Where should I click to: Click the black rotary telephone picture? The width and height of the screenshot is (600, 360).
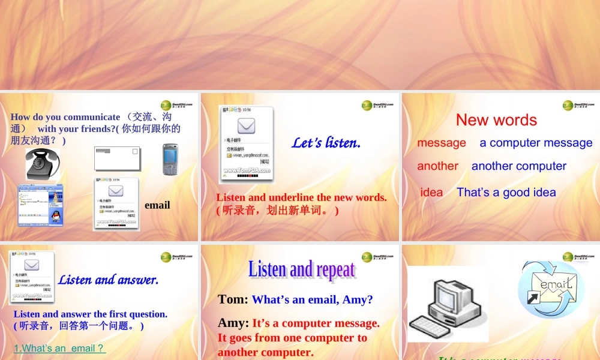tap(43, 164)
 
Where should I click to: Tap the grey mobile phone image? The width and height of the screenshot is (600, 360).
tap(170, 160)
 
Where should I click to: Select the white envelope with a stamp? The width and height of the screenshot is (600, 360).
tap(116, 158)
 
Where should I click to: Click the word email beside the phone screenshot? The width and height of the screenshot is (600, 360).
tap(157, 205)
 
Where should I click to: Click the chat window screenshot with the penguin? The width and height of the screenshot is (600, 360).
tap(40, 205)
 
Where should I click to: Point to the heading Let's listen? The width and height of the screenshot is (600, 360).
tap(326, 143)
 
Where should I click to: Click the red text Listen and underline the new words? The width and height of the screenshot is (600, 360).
tap(301, 197)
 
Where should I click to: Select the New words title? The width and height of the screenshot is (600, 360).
tap(496, 120)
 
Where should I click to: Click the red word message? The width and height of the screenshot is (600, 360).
tap(442, 143)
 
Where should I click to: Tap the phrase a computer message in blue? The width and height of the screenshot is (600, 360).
tap(536, 143)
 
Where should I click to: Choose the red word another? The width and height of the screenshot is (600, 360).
tap(437, 166)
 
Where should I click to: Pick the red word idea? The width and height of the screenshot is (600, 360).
tap(431, 193)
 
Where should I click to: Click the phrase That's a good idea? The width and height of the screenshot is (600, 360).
tap(506, 193)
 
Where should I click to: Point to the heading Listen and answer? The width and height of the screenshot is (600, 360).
tap(109, 280)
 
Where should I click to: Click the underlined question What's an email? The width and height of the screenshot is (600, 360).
tap(59, 348)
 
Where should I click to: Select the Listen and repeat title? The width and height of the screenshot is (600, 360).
tap(302, 269)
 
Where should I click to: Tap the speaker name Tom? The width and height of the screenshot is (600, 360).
tap(233, 299)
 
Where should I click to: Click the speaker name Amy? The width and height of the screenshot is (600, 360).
tap(233, 323)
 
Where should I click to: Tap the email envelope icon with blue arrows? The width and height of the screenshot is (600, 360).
tap(551, 289)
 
